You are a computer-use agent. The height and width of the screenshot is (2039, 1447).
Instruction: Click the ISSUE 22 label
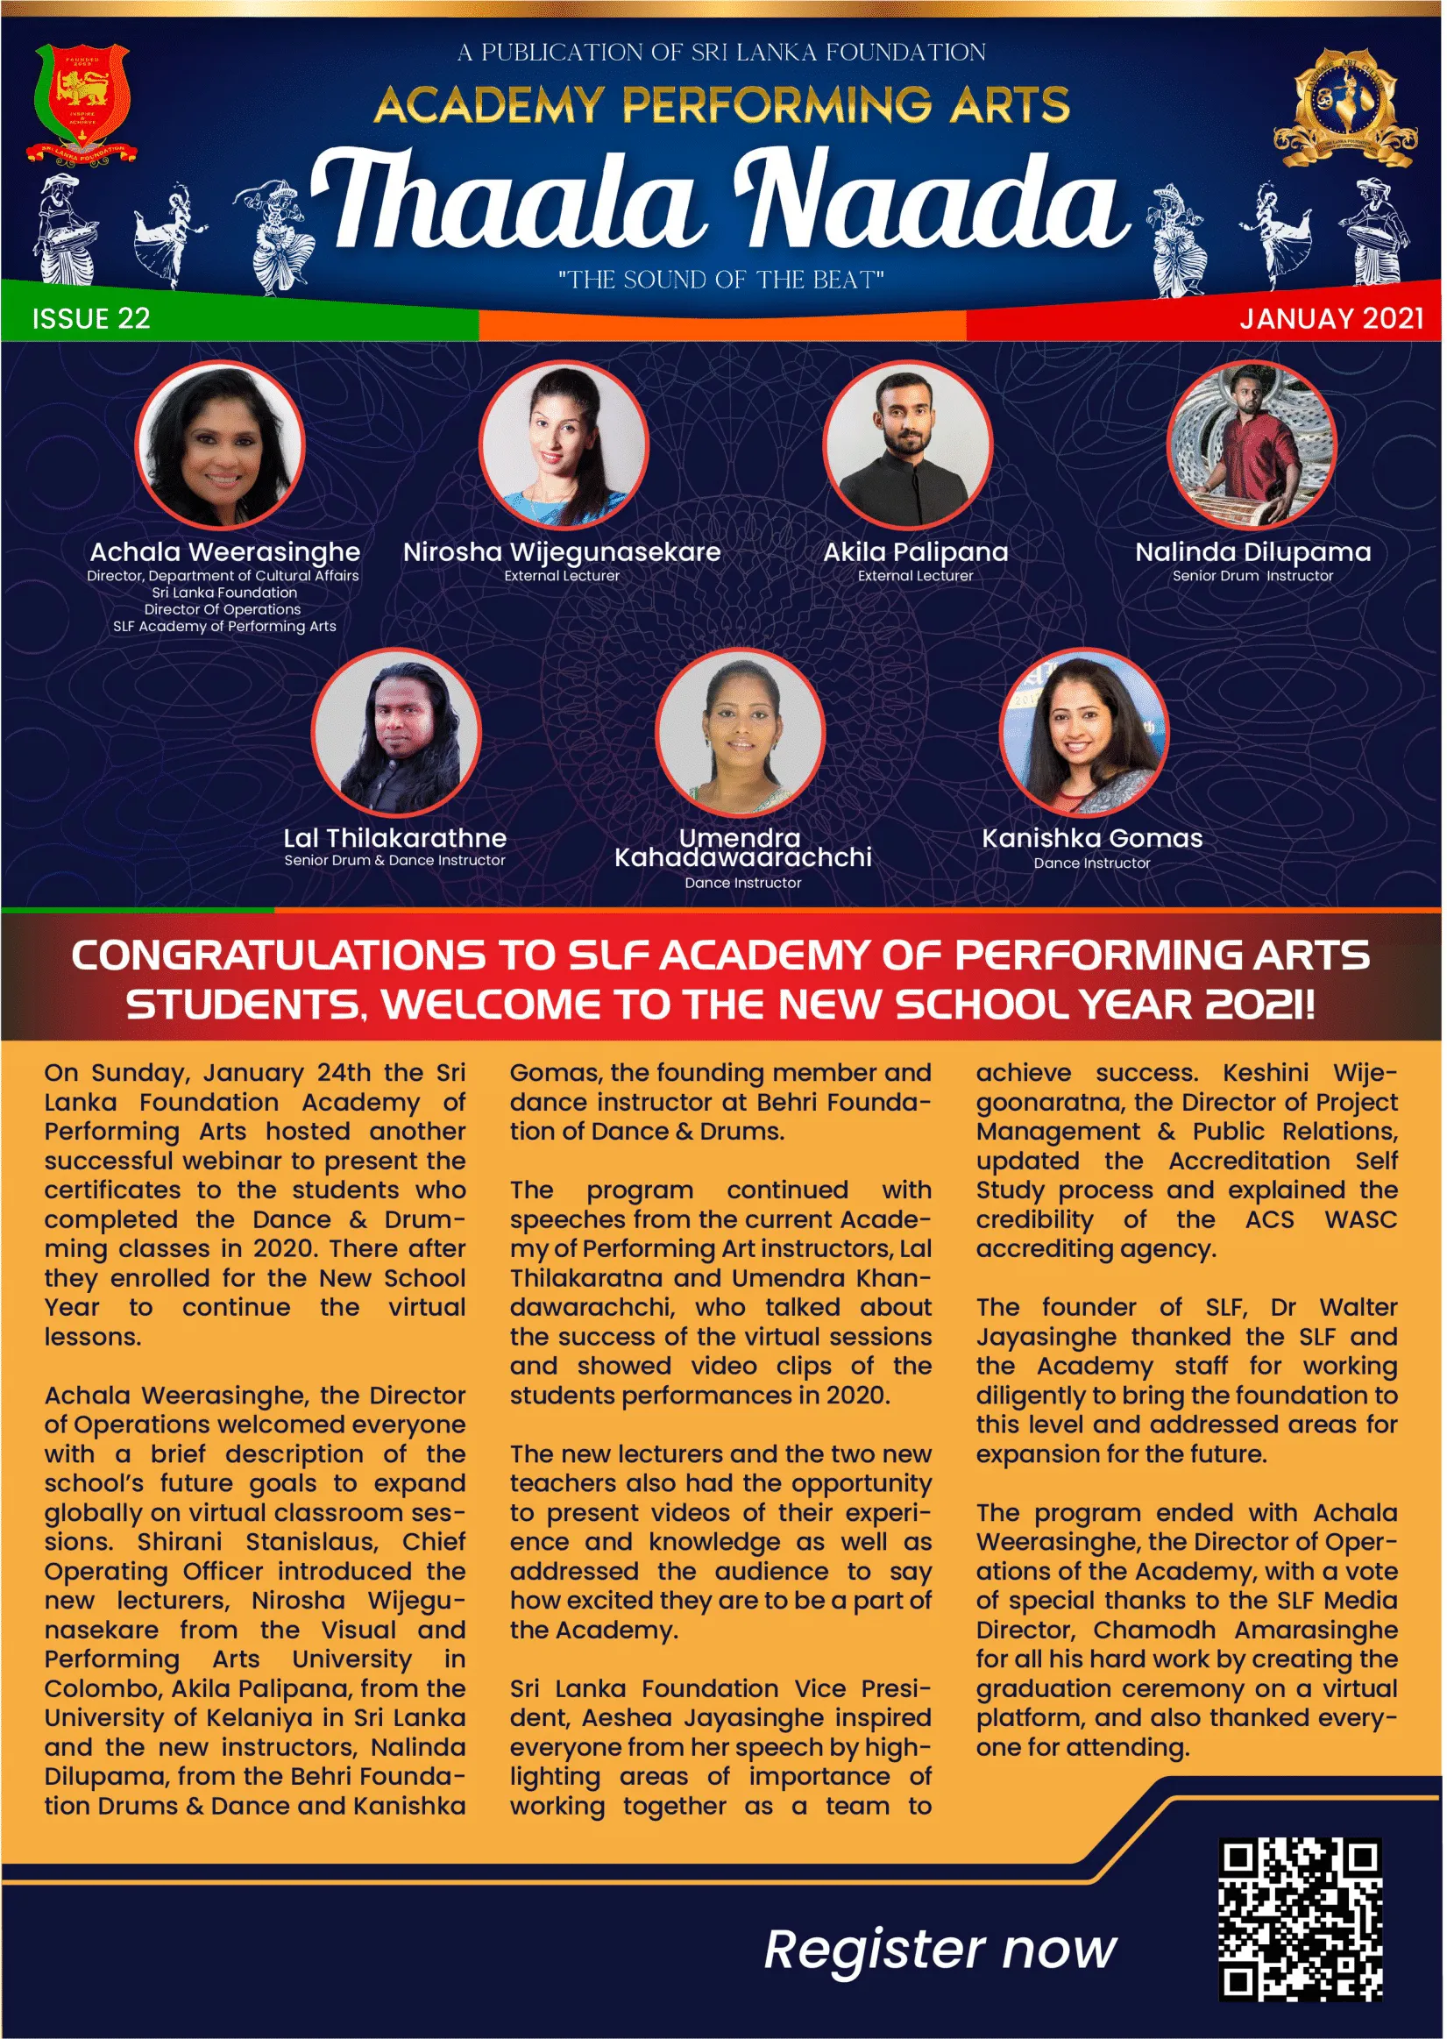91,319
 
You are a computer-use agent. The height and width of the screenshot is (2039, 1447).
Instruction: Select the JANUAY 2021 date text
1331,319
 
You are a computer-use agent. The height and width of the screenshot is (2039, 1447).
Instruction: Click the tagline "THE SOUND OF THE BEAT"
720,280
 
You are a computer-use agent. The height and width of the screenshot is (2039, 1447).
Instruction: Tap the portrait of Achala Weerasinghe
220,445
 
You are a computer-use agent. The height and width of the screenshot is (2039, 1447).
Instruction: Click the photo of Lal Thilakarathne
395,733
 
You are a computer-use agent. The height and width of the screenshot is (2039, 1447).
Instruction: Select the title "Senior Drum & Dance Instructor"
394,861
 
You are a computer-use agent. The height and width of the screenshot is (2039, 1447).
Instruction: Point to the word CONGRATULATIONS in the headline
279,956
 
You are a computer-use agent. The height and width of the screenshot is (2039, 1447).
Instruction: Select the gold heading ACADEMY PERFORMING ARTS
721,105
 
